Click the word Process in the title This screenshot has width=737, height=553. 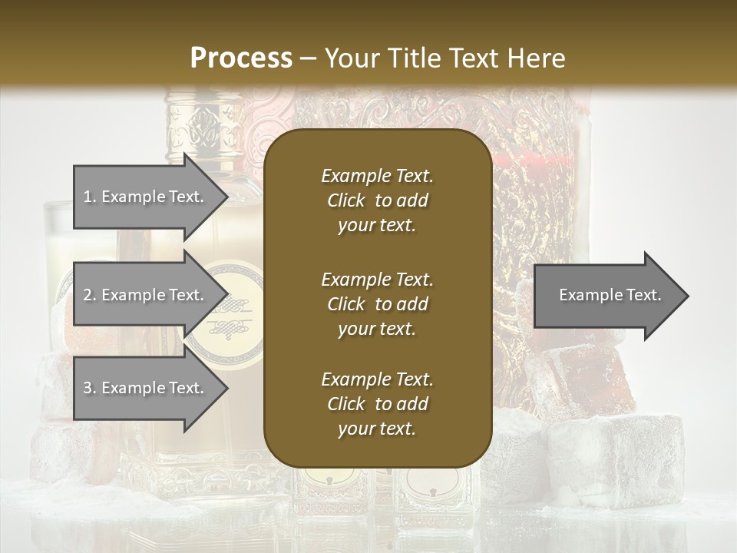pyautogui.click(x=241, y=58)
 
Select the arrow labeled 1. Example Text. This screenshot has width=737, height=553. pyautogui.click(x=146, y=197)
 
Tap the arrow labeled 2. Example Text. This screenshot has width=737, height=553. pyautogui.click(x=146, y=295)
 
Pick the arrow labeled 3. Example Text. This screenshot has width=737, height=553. pyautogui.click(x=146, y=389)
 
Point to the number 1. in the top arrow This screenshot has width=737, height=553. pyautogui.click(x=90, y=197)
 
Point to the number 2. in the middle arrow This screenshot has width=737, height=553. pyautogui.click(x=90, y=295)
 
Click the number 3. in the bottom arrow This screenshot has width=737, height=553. pyautogui.click(x=90, y=389)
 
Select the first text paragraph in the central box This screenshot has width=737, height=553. pyautogui.click(x=377, y=200)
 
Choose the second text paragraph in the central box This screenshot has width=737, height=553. pyautogui.click(x=377, y=303)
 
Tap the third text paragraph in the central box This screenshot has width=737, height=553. pyautogui.click(x=377, y=404)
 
